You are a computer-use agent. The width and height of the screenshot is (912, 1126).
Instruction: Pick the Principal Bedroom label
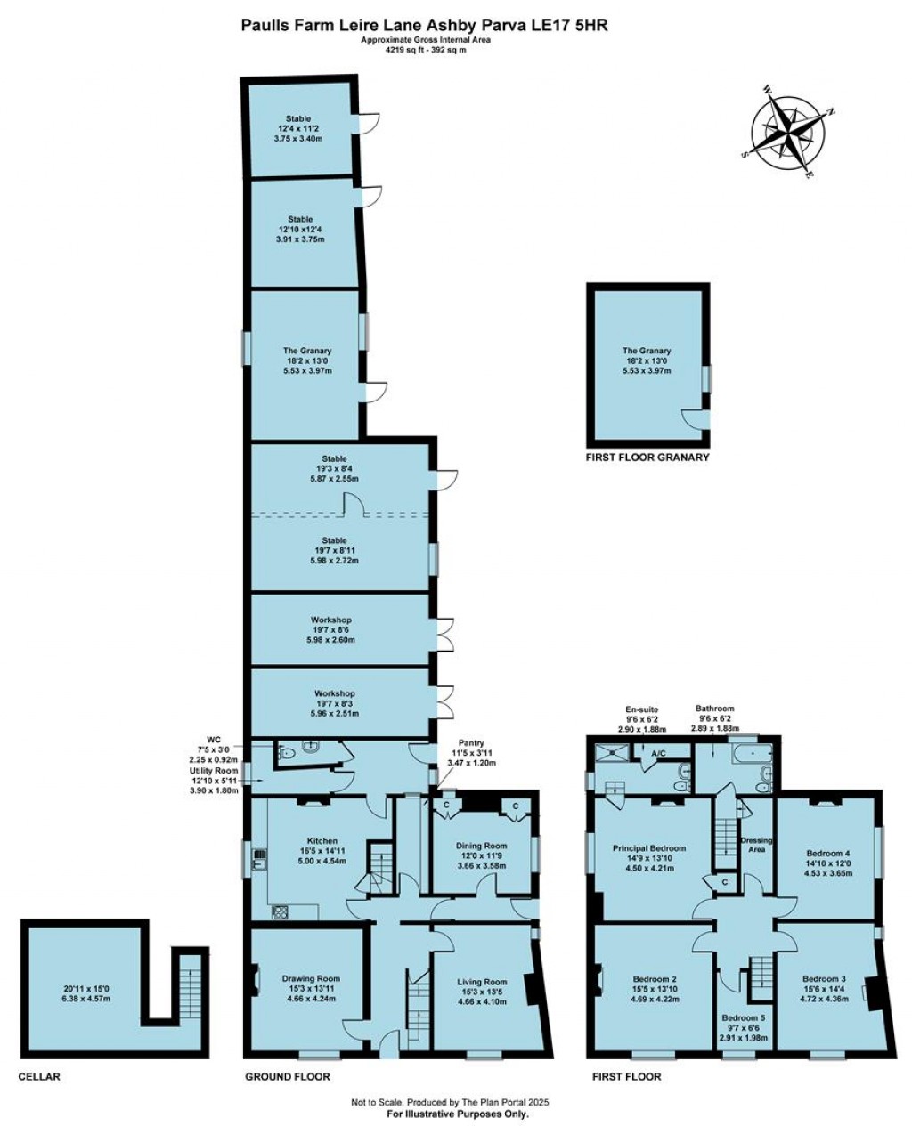click(649, 848)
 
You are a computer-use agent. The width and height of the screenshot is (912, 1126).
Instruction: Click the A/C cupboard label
click(659, 753)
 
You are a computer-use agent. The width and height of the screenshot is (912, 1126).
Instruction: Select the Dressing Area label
click(760, 845)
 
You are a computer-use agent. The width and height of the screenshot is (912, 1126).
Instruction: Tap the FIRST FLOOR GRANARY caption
click(647, 458)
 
